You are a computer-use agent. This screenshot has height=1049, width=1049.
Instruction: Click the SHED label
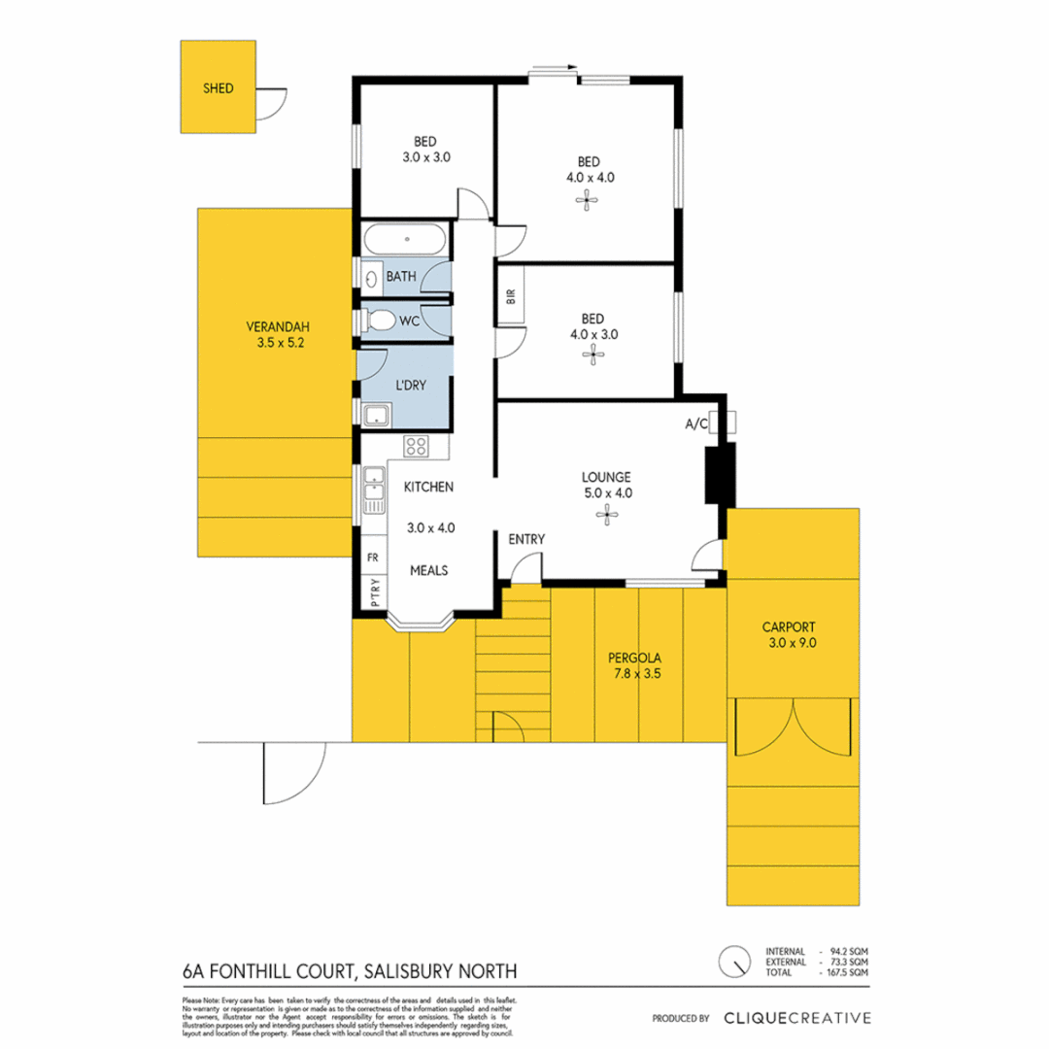pos(218,88)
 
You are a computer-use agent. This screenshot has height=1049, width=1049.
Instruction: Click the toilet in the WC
pos(380,320)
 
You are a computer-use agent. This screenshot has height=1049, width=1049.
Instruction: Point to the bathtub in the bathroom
pos(406,238)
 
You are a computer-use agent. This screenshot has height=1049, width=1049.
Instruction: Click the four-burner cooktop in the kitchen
pos(417,447)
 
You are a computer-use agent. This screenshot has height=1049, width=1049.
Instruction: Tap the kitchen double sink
pos(373,491)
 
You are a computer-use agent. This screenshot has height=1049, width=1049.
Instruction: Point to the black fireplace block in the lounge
pos(718,474)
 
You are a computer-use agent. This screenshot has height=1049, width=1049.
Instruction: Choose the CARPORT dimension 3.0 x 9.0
pos(788,642)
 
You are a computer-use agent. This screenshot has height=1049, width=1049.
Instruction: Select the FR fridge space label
pos(372,558)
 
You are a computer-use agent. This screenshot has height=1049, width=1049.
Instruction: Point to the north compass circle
pos(733,961)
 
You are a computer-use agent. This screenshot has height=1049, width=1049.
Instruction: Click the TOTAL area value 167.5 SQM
pos(848,971)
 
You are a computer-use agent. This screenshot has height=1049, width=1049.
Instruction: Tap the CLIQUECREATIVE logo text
pos(796,1018)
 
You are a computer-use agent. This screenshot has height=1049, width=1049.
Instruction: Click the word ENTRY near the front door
pos(526,539)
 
